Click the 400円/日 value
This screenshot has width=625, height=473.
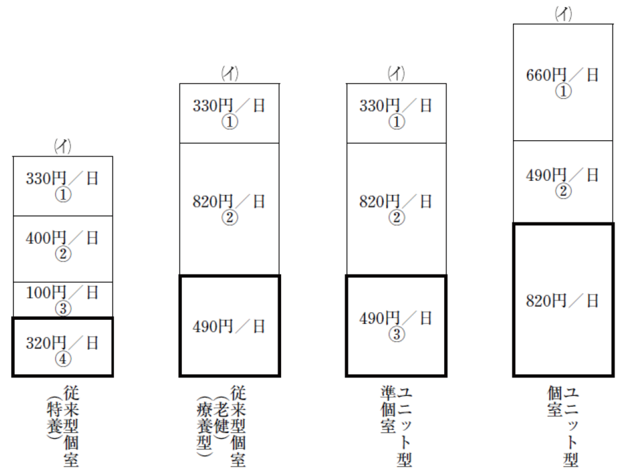click(x=62, y=238)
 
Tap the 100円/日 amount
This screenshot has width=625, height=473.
click(x=62, y=293)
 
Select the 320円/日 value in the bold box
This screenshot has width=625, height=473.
click(x=62, y=343)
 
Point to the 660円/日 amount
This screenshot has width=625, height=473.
click(x=562, y=75)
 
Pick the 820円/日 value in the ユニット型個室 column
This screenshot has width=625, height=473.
click(x=562, y=301)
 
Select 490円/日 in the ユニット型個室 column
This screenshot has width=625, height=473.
click(x=562, y=175)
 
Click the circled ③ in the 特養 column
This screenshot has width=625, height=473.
click(x=63, y=309)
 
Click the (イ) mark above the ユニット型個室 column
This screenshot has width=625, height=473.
click(x=563, y=14)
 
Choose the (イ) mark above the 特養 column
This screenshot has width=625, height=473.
click(x=63, y=146)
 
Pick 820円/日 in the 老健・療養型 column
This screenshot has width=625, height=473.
click(x=229, y=202)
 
